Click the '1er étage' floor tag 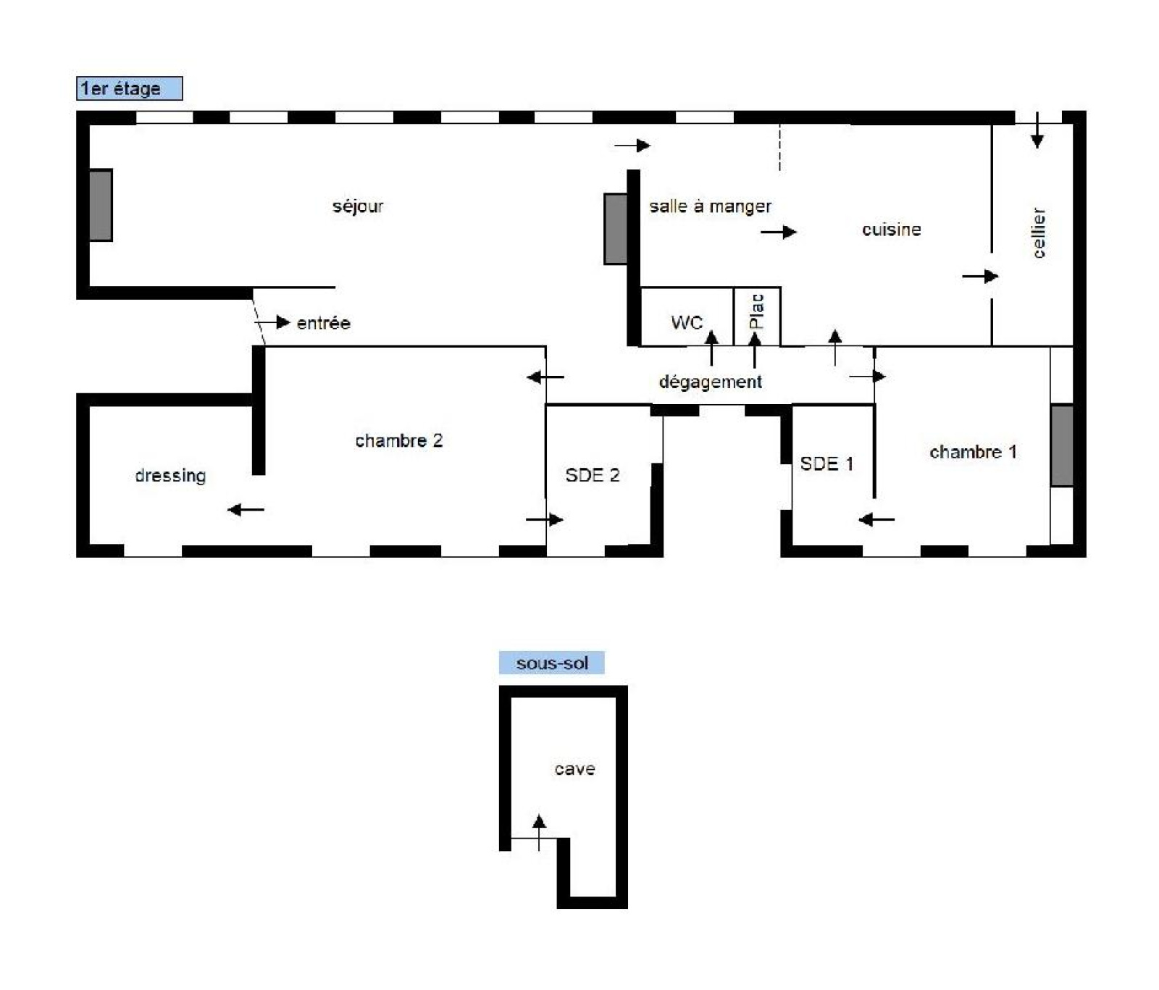[x=129, y=88]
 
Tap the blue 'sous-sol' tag [x=551, y=663]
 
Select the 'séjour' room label [x=358, y=206]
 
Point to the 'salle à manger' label [x=710, y=206]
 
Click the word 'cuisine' [x=892, y=230]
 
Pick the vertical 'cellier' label [x=1039, y=233]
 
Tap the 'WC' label [x=687, y=322]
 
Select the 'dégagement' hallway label [x=710, y=382]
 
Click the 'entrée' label [x=324, y=323]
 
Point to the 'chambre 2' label [x=398, y=440]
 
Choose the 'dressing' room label [x=170, y=476]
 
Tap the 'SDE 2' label [x=593, y=475]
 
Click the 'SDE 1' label [x=827, y=463]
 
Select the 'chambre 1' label [x=973, y=452]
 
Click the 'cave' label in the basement [x=574, y=769]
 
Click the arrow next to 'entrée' [x=272, y=322]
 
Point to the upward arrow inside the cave [x=539, y=833]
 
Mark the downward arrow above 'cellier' [x=1037, y=130]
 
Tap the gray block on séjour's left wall [x=101, y=205]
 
